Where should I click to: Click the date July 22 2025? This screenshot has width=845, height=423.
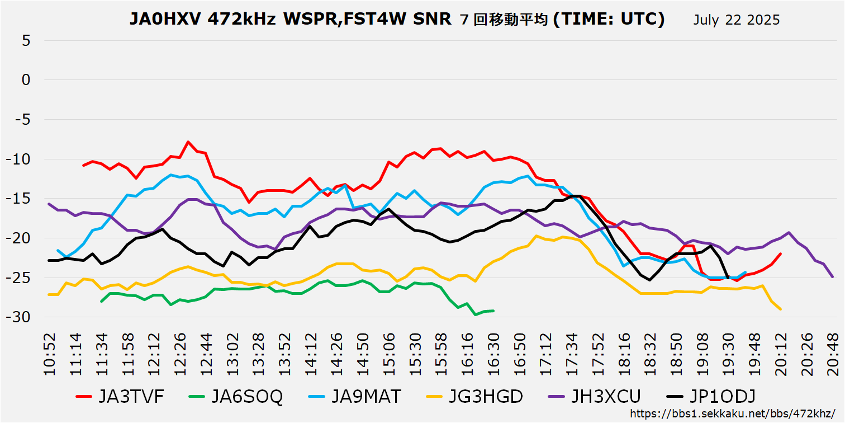coord(736,20)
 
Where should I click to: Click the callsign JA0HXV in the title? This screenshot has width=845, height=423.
coord(165,19)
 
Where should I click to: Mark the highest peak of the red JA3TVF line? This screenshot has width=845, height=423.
coord(188,142)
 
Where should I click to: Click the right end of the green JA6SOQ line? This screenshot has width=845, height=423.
coord(493,311)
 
